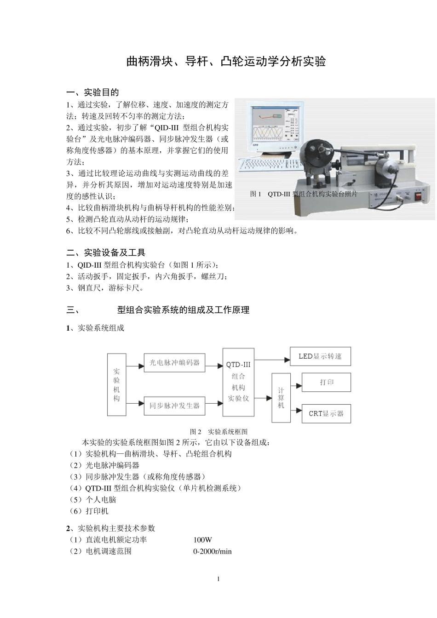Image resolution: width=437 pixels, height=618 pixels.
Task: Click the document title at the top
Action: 226,61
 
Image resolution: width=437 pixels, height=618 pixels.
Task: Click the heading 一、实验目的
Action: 92,92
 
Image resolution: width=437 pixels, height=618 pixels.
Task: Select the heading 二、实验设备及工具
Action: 106,252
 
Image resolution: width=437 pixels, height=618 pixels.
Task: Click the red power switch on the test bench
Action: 419,197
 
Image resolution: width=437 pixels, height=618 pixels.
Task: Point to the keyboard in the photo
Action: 269,165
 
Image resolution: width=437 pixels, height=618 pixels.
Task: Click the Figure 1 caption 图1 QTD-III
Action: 304,194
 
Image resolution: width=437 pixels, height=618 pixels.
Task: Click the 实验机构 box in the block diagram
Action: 117,384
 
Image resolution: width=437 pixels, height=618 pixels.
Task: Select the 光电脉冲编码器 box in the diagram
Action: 174,362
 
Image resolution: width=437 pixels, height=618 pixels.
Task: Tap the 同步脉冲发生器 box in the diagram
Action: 174,406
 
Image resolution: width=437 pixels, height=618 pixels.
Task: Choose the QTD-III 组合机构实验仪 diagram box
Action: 239,382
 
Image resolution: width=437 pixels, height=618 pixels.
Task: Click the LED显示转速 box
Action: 320,356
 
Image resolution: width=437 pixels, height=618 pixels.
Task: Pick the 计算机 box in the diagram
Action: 281,398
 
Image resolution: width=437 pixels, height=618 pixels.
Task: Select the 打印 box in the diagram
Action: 326,382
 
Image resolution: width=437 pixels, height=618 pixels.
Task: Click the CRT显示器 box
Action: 326,413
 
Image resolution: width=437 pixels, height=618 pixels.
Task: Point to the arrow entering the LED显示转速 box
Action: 272,360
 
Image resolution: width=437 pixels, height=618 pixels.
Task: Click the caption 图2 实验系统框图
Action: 218,431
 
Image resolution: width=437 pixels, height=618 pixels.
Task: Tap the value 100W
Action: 202,540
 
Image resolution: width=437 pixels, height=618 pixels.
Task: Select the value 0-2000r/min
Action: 212,551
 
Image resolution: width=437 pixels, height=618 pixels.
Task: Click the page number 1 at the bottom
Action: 218,579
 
